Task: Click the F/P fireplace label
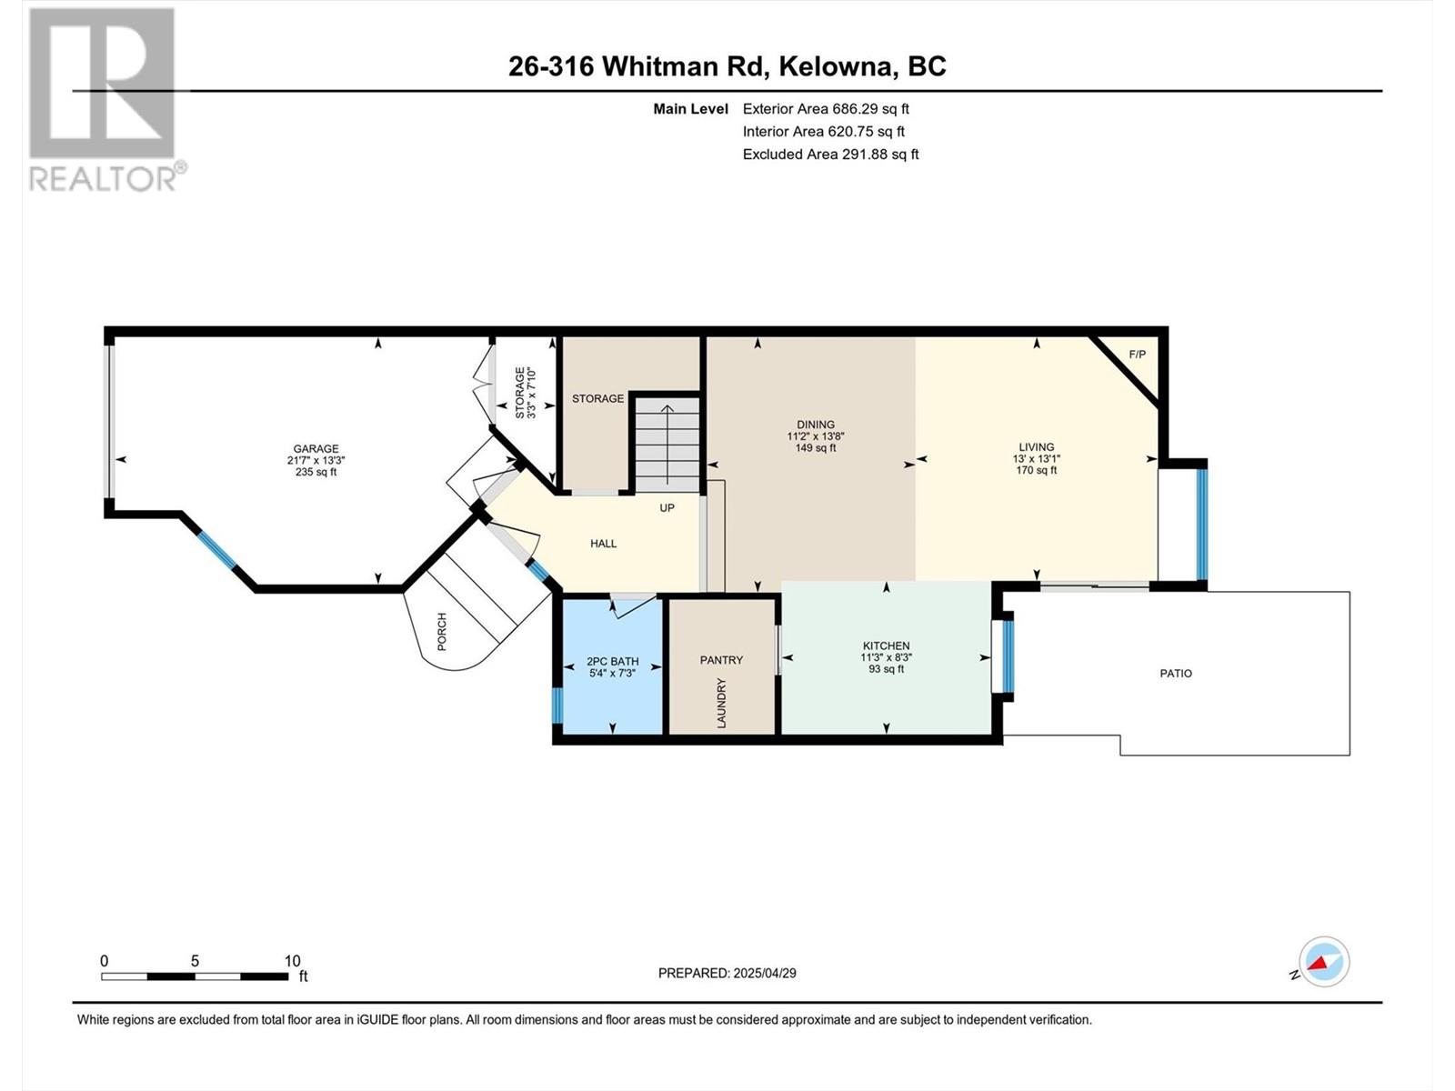[x=1137, y=355]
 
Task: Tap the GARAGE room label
[x=316, y=448]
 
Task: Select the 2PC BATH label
[x=613, y=661]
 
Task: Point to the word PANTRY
[x=721, y=660]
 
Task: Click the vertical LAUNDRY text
[x=722, y=703]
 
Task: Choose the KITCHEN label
[x=887, y=646]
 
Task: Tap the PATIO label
[x=1176, y=673]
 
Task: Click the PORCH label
[x=442, y=631]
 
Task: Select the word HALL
[x=603, y=543]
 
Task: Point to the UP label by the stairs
[x=667, y=507]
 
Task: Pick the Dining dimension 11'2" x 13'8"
[x=816, y=436]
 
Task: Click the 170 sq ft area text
[x=1036, y=470]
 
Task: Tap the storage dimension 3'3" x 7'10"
[x=531, y=394]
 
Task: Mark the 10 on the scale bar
[x=292, y=960]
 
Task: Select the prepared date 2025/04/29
[x=764, y=973]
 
